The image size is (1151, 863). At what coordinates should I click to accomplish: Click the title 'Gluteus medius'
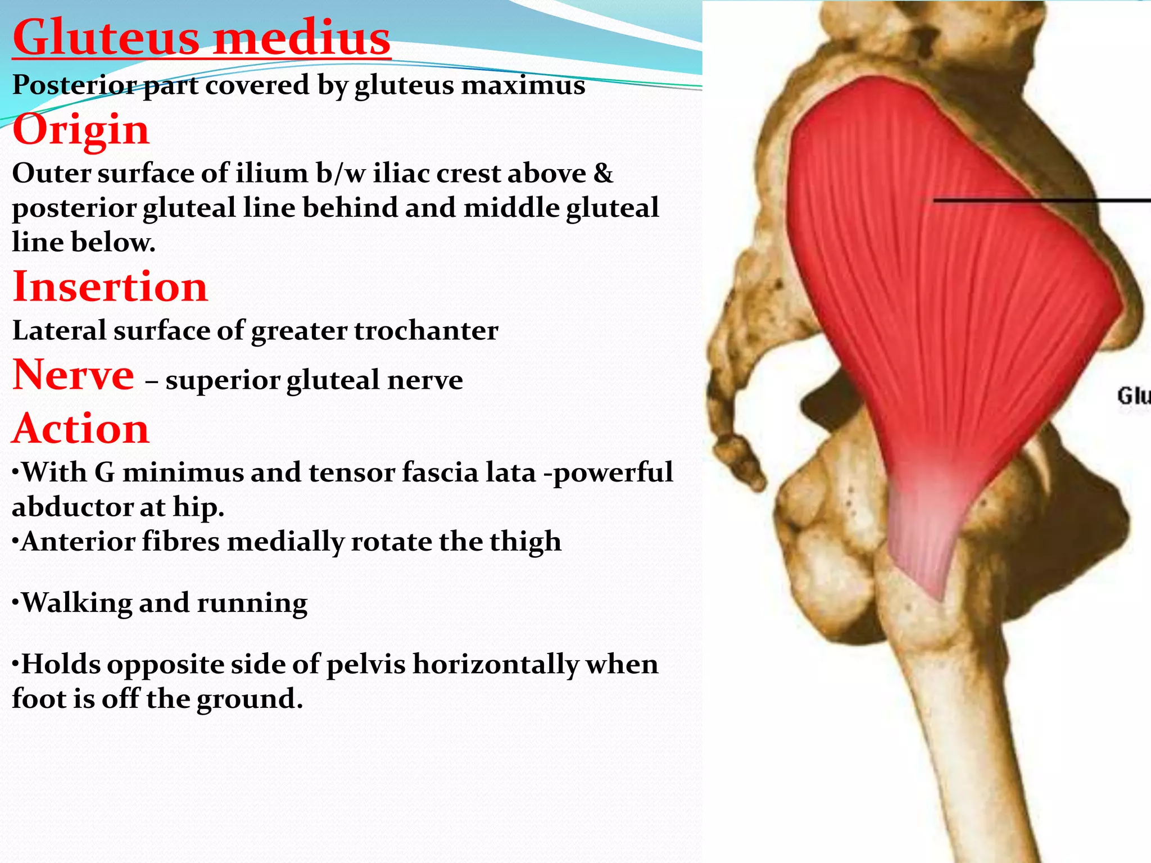[201, 38]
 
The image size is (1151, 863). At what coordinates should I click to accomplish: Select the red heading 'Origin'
[81, 130]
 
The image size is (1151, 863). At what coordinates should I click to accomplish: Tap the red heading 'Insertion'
[110, 287]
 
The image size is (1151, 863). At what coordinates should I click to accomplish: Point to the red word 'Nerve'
[73, 375]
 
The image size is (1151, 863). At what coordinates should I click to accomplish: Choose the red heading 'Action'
[81, 429]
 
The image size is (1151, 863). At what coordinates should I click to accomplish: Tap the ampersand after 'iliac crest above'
[603, 173]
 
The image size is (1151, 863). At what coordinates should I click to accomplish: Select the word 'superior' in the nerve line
[223, 381]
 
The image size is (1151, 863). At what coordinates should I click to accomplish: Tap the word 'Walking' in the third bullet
[76, 603]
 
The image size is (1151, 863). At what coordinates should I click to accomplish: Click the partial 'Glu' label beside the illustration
[1133, 396]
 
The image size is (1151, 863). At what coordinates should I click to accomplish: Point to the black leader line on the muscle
[1040, 200]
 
